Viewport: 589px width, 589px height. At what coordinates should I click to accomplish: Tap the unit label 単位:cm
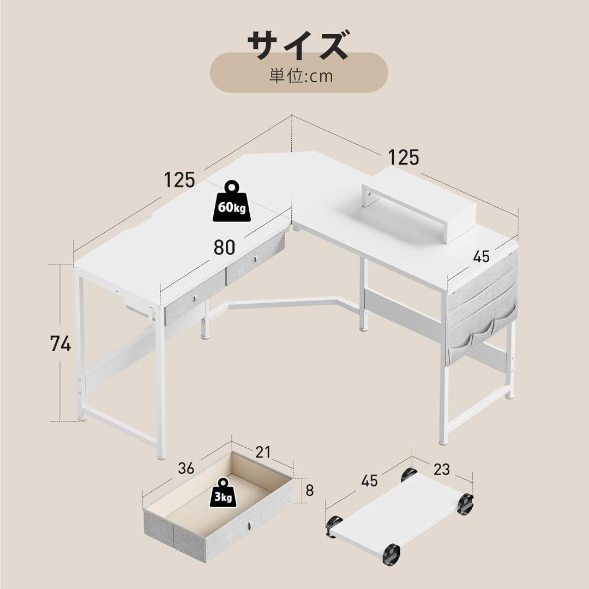click(x=301, y=76)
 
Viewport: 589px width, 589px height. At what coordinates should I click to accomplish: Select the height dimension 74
click(x=61, y=344)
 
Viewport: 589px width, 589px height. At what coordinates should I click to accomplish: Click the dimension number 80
click(x=224, y=247)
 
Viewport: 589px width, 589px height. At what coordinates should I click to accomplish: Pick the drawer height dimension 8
click(x=310, y=490)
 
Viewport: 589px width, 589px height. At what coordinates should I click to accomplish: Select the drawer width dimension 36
click(x=186, y=468)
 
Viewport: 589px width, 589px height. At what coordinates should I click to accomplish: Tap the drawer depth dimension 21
click(x=263, y=452)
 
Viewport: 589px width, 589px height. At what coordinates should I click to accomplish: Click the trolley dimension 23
click(x=442, y=469)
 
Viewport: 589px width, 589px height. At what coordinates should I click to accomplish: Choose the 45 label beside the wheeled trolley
click(x=369, y=481)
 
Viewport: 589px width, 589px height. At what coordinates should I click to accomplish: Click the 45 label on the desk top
click(x=481, y=256)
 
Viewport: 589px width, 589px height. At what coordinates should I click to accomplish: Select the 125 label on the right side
click(x=403, y=158)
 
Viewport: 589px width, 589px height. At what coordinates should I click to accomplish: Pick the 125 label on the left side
click(x=179, y=179)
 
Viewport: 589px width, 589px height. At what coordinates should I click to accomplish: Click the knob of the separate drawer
click(x=250, y=525)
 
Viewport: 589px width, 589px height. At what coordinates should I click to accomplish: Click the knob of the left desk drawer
click(x=195, y=299)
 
